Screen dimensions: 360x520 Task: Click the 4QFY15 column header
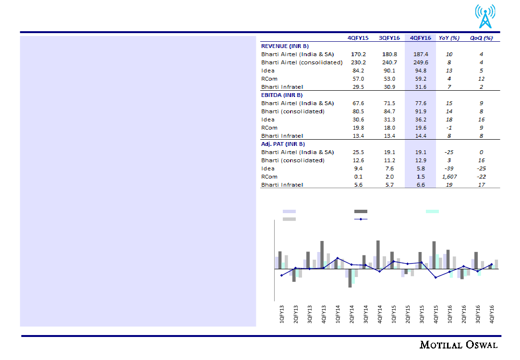[358, 38]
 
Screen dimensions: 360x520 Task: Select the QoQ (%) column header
[481, 38]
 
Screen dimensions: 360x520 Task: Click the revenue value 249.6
[421, 62]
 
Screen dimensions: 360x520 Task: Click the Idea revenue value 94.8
[421, 71]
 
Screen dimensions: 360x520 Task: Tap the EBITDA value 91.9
[421, 111]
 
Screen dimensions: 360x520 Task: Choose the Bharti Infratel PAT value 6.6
[421, 185]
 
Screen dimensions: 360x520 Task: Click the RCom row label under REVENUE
[269, 79]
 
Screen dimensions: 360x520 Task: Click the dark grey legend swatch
[361, 211]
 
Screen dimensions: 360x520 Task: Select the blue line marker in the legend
[361, 219]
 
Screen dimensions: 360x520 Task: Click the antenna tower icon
[486, 17]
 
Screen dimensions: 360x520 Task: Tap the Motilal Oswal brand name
[459, 345]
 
